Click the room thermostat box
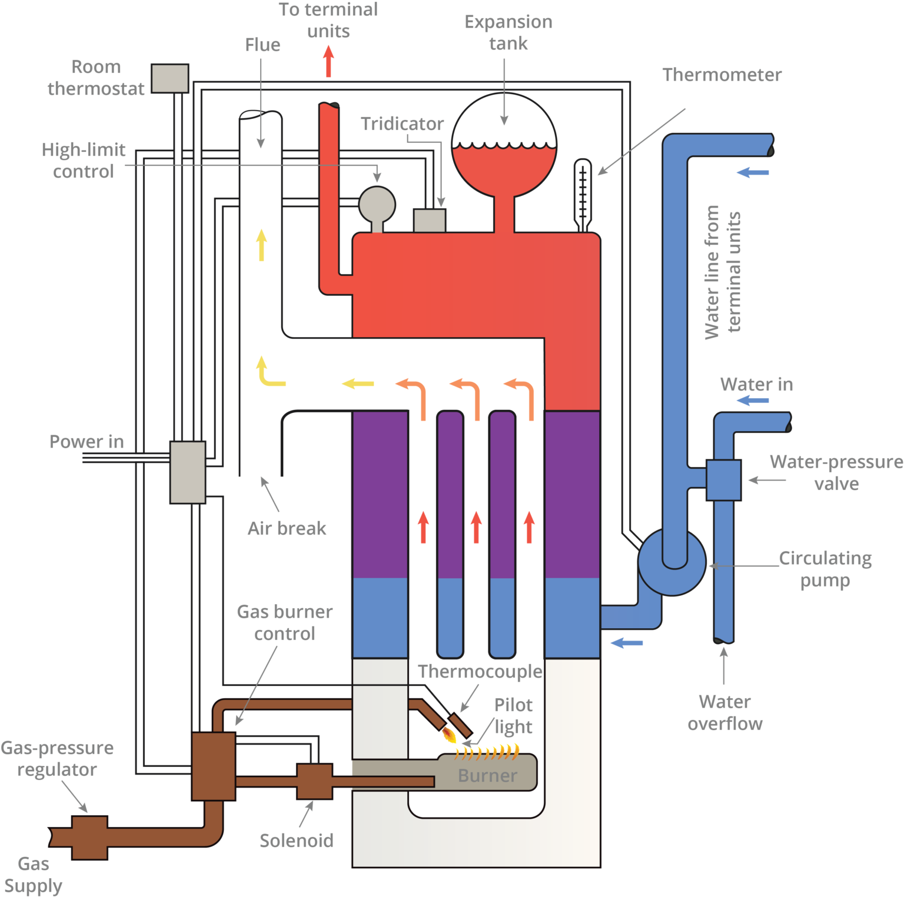click(x=169, y=78)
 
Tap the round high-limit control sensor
click(x=377, y=205)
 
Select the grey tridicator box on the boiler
click(x=429, y=221)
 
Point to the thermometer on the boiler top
click(x=582, y=194)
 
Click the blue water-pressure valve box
click(x=723, y=480)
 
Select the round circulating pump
click(x=672, y=562)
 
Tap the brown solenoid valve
click(x=314, y=781)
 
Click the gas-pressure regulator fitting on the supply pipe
click(x=89, y=838)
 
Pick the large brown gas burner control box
click(x=214, y=766)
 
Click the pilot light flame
click(x=449, y=734)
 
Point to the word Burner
click(x=487, y=776)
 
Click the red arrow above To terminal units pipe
click(x=328, y=61)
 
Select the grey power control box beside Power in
click(x=188, y=472)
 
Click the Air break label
click(x=287, y=528)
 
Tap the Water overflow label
click(x=724, y=712)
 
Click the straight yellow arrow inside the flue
click(x=261, y=245)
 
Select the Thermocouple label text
click(x=480, y=671)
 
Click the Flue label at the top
click(x=262, y=45)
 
